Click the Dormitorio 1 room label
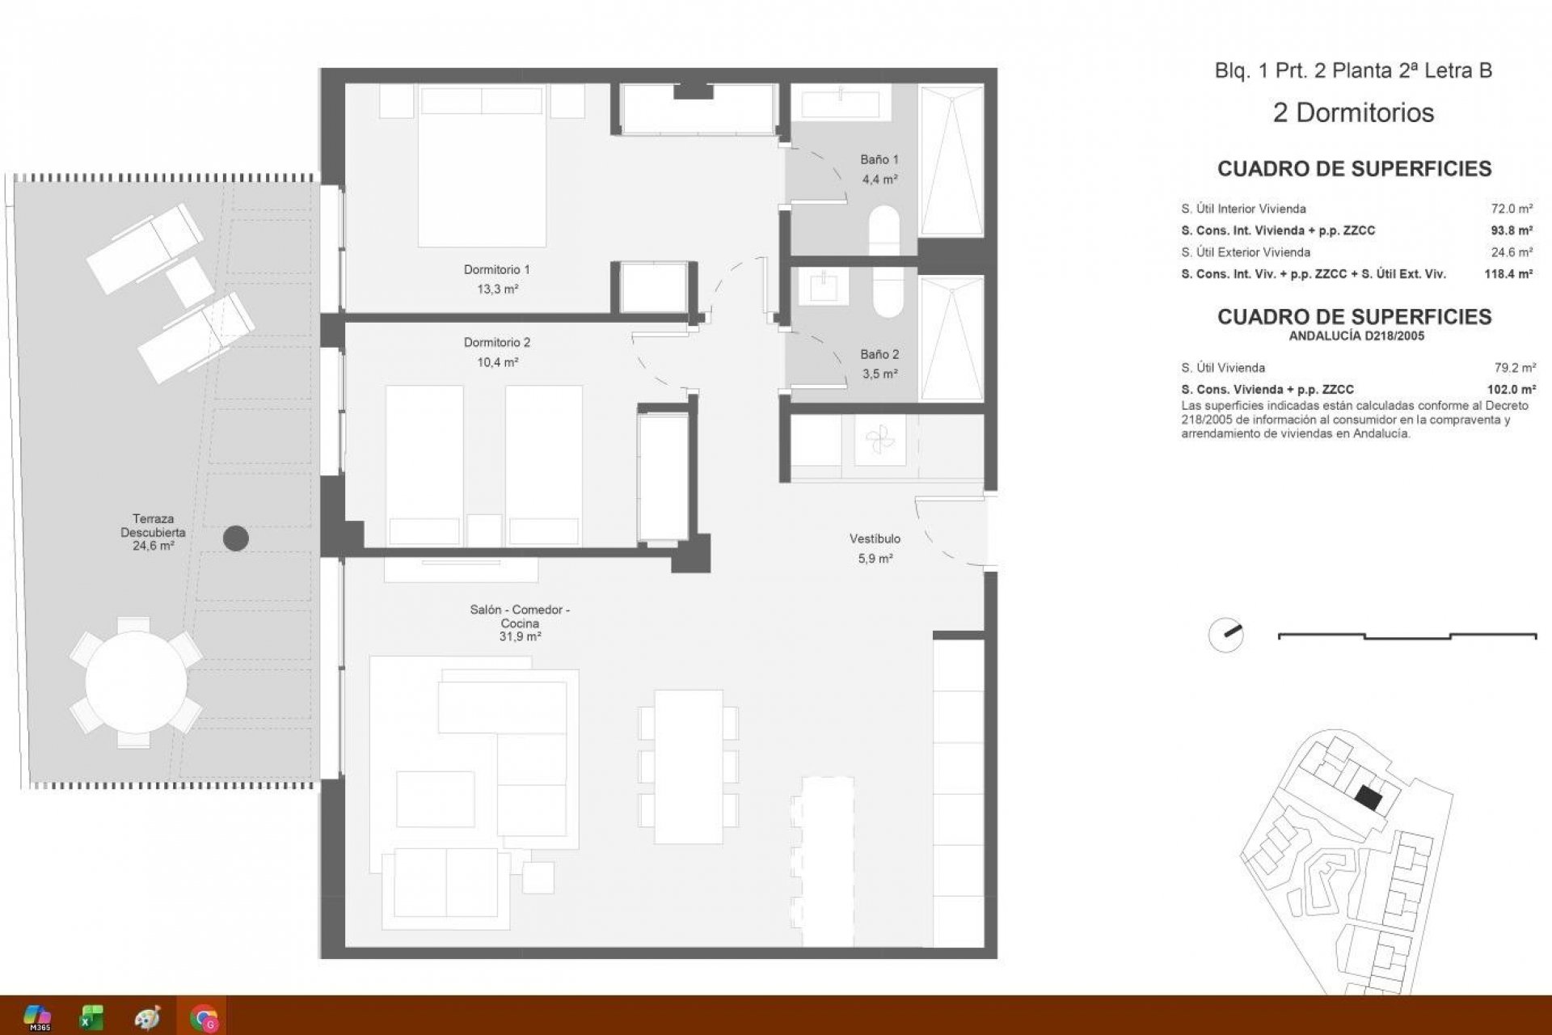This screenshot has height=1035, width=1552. [x=496, y=269]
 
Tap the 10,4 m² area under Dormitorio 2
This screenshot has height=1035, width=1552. [x=497, y=362]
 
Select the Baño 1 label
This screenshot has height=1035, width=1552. [x=879, y=159]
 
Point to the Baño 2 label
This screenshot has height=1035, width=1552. [x=879, y=354]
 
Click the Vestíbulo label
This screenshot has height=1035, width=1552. [x=875, y=539]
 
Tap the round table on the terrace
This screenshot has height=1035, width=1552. [x=136, y=682]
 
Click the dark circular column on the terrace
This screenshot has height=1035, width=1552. [x=235, y=539]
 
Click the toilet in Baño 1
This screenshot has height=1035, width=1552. [x=884, y=229]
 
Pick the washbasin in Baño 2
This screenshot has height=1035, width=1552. [x=820, y=285]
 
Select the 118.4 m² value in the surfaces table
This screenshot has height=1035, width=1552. [x=1508, y=274]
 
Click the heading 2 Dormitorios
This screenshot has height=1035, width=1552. [x=1353, y=112]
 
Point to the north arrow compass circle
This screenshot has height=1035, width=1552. [x=1225, y=635]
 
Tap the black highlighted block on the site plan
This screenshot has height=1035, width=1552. [x=1369, y=798]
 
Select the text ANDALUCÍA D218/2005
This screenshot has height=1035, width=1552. [x=1356, y=336]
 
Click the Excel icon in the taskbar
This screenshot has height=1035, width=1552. [x=91, y=1016]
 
